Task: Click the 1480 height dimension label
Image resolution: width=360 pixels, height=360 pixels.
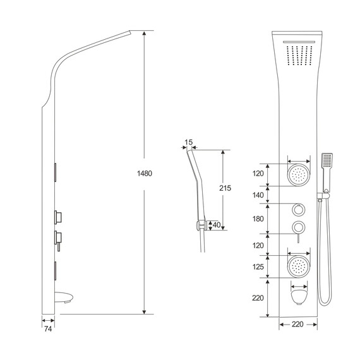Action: point(145,173)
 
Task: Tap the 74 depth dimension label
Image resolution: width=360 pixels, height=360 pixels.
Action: point(48,329)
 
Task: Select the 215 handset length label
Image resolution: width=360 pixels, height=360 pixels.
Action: point(225,188)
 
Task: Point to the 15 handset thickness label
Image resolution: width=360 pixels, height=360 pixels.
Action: point(188,142)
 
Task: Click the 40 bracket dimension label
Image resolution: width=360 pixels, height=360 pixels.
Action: point(217,225)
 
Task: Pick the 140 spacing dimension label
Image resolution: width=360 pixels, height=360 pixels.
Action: point(258,195)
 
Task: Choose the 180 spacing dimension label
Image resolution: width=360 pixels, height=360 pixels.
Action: point(258,219)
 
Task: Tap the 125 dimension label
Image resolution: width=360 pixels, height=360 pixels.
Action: point(258,267)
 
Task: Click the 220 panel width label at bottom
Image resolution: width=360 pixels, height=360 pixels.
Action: point(297,324)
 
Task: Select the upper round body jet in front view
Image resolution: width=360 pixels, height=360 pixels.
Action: point(299,175)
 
